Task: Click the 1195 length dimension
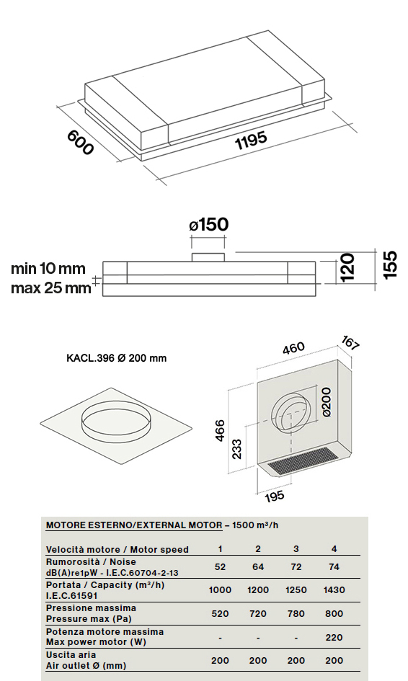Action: (x=251, y=141)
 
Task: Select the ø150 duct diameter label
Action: (x=208, y=225)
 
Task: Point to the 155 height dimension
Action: (x=390, y=264)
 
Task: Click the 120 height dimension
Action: (x=347, y=267)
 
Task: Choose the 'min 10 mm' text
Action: (x=48, y=268)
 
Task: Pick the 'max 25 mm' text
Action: (x=51, y=288)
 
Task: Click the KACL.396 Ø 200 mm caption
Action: (x=117, y=358)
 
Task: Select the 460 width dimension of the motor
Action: (x=293, y=349)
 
